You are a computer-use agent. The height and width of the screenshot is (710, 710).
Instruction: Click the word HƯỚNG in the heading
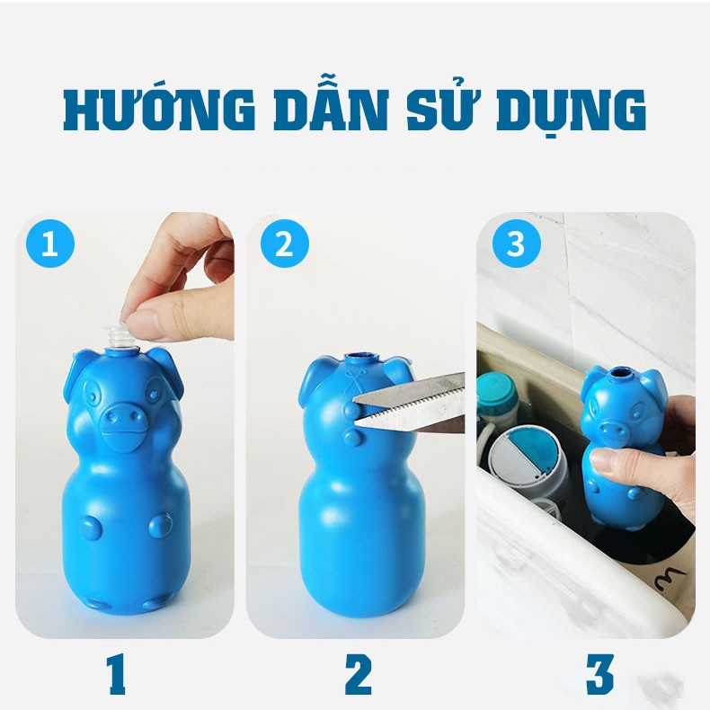(x=158, y=109)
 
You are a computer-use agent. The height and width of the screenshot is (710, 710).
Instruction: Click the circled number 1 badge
(x=50, y=244)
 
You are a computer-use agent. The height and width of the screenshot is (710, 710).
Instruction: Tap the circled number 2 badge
(x=285, y=244)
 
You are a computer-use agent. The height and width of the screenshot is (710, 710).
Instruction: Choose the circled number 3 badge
(x=517, y=244)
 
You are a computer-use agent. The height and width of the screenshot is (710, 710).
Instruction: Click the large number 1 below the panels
(x=116, y=675)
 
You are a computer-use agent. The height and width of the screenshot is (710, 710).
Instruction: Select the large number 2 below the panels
(x=359, y=675)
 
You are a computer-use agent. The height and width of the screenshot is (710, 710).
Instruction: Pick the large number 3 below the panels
(x=599, y=675)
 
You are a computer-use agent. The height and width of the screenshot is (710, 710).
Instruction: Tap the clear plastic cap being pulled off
(x=120, y=336)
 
